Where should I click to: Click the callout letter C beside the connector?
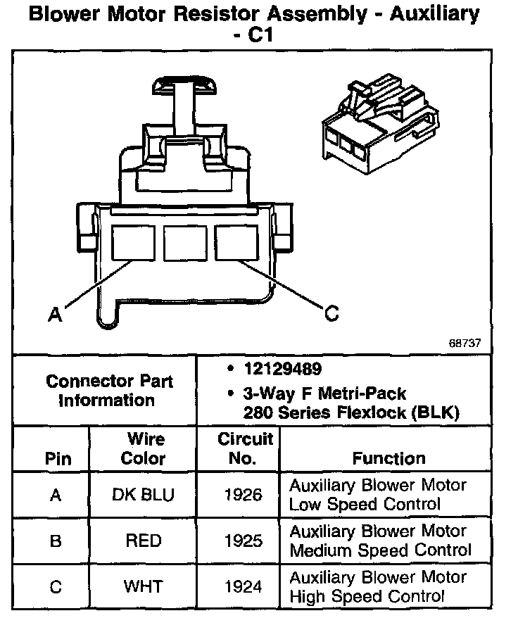pyautogui.click(x=331, y=314)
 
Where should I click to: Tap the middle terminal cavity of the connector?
pyautogui.click(x=185, y=242)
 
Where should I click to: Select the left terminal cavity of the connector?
pyautogui.click(x=133, y=242)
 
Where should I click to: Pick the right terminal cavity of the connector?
pyautogui.click(x=236, y=242)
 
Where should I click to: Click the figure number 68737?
pyautogui.click(x=465, y=343)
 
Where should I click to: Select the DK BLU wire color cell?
pyautogui.click(x=142, y=494)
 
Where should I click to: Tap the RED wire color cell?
pyautogui.click(x=143, y=541)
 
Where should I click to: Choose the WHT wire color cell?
pyautogui.click(x=143, y=586)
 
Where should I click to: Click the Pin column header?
pyautogui.click(x=58, y=459)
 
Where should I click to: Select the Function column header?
pyautogui.click(x=388, y=459)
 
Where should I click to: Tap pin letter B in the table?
pyautogui.click(x=56, y=541)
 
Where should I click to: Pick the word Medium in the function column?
pyautogui.click(x=323, y=550)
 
